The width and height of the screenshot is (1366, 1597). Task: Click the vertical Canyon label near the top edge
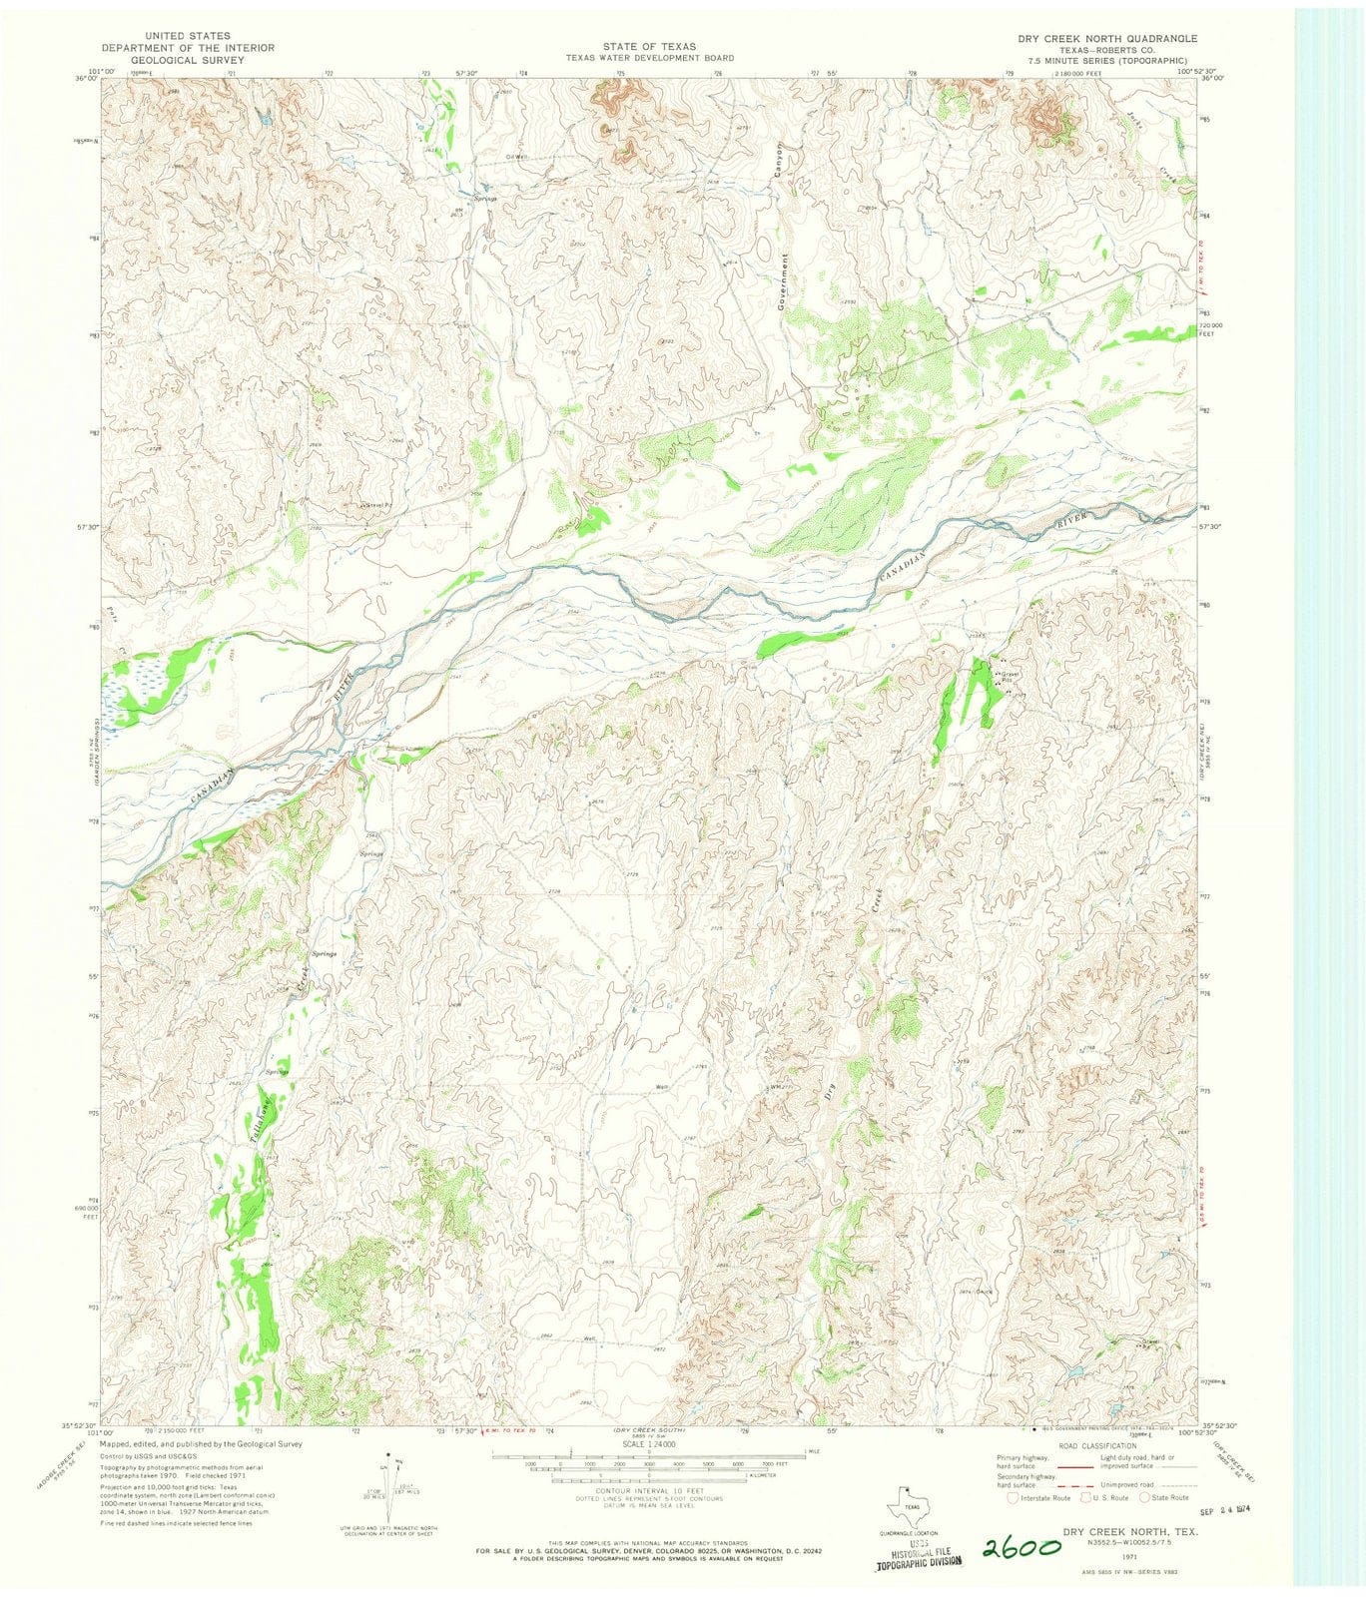pos(780,160)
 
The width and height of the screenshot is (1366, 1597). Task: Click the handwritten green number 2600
pos(1024,1547)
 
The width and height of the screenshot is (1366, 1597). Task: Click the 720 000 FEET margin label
pos(1210,330)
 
